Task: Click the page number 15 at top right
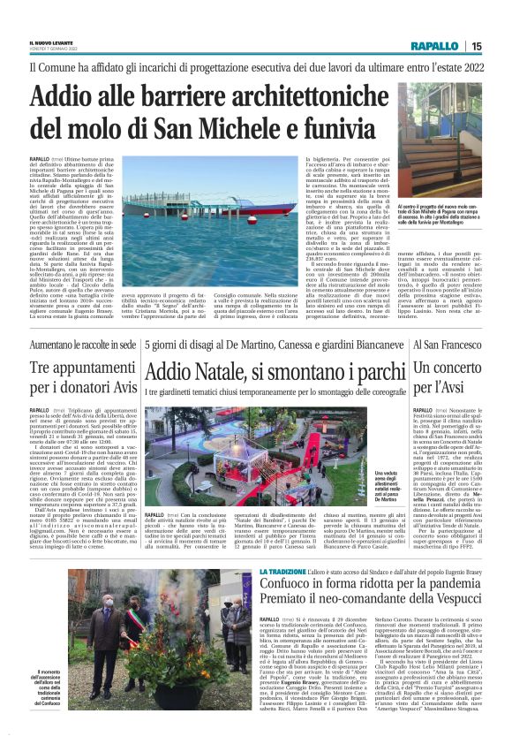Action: click(x=476, y=47)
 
